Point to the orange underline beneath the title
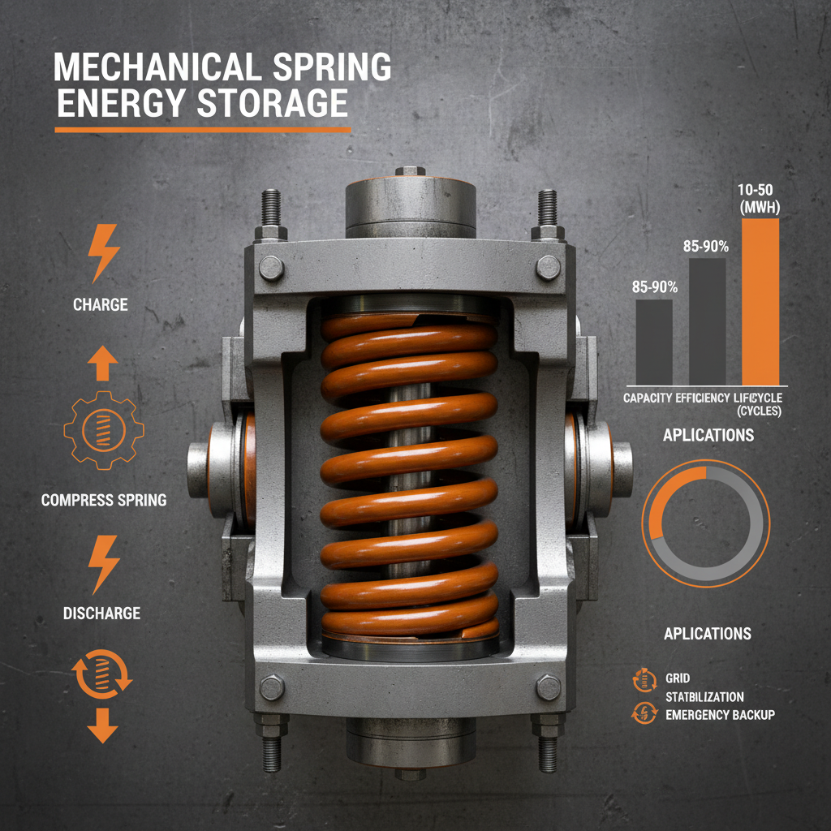tap(202, 130)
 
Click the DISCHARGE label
tap(101, 613)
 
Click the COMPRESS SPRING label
tap(104, 500)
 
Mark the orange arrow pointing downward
tap(101, 725)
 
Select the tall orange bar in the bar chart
tap(760, 300)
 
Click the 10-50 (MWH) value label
tap(760, 198)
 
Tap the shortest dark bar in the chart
tap(653, 341)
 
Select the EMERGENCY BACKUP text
tap(720, 714)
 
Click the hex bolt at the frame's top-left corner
tap(272, 266)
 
